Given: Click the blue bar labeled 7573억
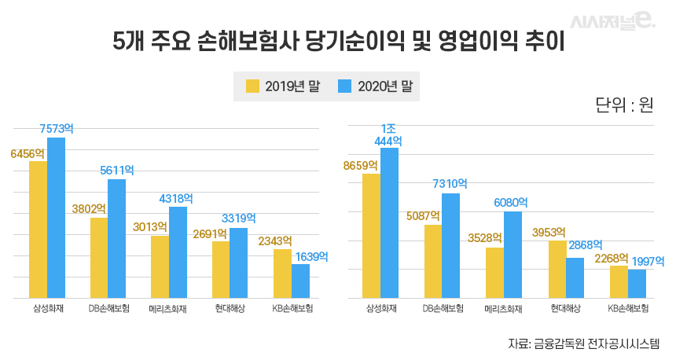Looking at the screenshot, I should [56, 218].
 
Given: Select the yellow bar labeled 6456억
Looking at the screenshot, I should [38, 230].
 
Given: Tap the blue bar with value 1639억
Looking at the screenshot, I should [300, 281].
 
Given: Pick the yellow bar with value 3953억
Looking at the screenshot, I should [557, 269].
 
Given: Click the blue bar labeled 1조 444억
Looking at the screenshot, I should [389, 222].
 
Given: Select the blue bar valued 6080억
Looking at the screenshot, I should [513, 255].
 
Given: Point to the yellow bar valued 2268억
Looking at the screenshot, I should [619, 281].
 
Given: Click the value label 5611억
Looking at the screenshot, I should [116, 170].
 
